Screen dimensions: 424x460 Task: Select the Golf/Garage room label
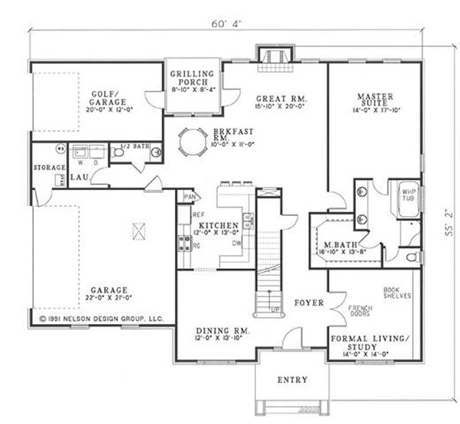pyautogui.click(x=104, y=98)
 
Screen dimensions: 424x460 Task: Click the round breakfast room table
pyautogui.click(x=192, y=141)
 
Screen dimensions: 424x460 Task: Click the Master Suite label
pyautogui.click(x=375, y=101)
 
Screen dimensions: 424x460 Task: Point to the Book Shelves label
pyautogui.click(x=397, y=292)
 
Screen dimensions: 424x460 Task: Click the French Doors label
pyautogui.click(x=361, y=312)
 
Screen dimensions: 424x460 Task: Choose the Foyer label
pyautogui.click(x=309, y=303)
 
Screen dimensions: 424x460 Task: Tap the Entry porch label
pyautogui.click(x=292, y=380)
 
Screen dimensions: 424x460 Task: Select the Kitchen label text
pyautogui.click(x=218, y=225)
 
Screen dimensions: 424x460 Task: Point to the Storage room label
pyautogui.click(x=49, y=167)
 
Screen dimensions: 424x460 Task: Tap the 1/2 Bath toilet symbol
pyautogui.click(x=118, y=153)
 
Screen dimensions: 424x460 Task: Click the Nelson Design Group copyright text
pyautogui.click(x=101, y=318)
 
